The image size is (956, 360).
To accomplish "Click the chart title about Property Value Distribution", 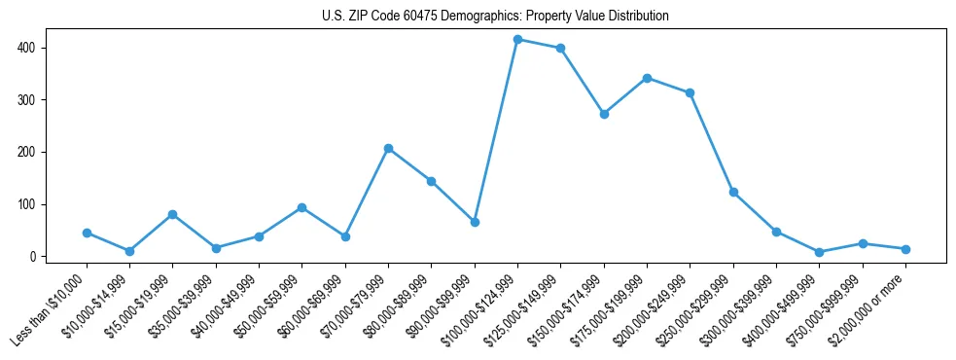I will pos(495,17).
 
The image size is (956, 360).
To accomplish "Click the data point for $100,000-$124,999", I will pos(517,40).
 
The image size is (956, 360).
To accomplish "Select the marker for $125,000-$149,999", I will pos(560,49).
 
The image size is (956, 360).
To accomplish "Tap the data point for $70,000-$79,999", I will pos(388,149).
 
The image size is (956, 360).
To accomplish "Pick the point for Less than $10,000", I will pos(87,234).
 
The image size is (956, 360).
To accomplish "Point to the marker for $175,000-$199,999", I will pos(647,78).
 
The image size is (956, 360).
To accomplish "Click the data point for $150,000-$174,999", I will pos(604,114).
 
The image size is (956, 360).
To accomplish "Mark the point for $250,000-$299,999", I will pos(733,193).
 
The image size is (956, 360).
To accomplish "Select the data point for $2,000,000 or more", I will pos(905,249).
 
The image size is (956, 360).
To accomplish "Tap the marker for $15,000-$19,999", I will pos(172,214).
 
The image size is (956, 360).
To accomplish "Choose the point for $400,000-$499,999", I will pos(819,252).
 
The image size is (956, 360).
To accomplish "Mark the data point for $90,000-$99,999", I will pos(475,223).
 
